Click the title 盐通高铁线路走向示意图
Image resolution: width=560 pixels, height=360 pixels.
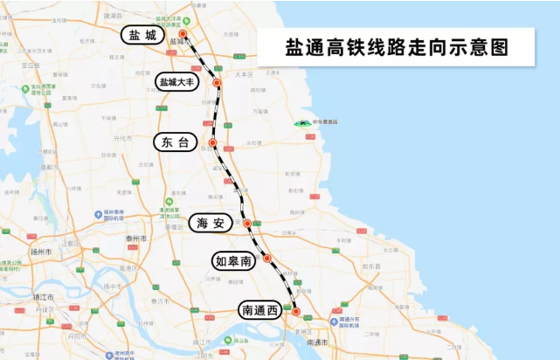(x=396, y=47)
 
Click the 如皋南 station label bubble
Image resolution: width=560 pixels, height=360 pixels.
(x=233, y=260)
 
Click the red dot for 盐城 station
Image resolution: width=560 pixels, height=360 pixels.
(x=183, y=34)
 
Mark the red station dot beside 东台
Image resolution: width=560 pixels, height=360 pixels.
(x=212, y=142)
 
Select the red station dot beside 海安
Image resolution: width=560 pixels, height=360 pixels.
(x=247, y=224)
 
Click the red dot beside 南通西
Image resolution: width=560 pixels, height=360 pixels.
(x=295, y=311)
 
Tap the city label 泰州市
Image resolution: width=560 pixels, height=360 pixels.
(x=135, y=238)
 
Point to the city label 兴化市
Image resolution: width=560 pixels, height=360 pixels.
(x=123, y=138)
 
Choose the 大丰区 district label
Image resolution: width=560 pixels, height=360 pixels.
(x=244, y=75)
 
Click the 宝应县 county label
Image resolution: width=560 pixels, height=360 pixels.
(x=31, y=66)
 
